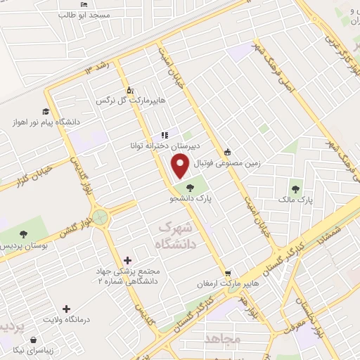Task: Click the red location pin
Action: click(181, 165)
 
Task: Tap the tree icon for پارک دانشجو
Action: click(190, 188)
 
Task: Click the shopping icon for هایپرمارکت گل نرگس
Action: click(129, 91)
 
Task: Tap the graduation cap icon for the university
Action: click(46, 111)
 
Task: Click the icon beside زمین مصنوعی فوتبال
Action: click(226, 152)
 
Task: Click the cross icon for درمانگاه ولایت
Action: click(67, 308)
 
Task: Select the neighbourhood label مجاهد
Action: click(223, 340)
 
